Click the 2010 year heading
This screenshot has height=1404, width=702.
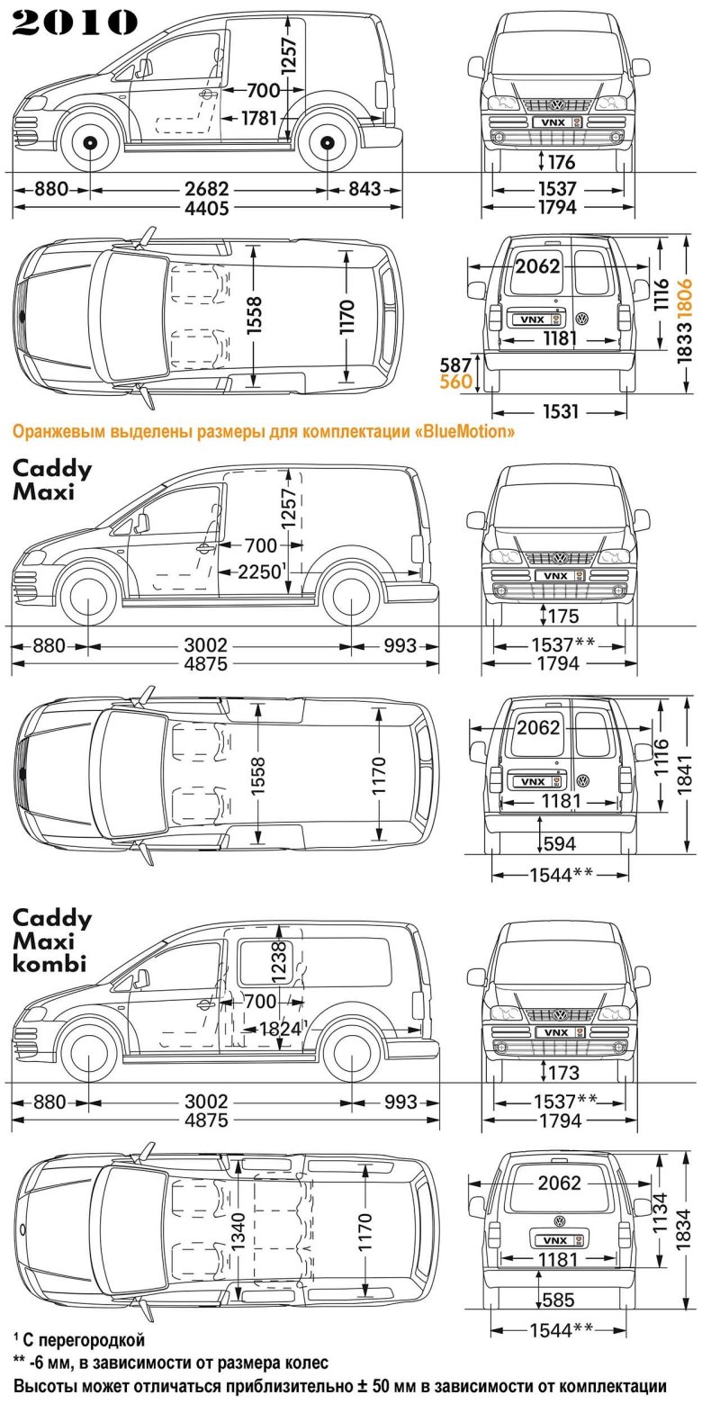pyautogui.click(x=75, y=22)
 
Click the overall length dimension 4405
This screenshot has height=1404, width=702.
pyautogui.click(x=207, y=209)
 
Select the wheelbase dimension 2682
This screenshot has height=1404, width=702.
pyautogui.click(x=207, y=190)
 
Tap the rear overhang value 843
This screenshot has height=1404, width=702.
pyautogui.click(x=364, y=190)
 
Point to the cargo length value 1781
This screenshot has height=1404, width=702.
pyautogui.click(x=259, y=118)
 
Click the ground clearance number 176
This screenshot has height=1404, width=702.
pyautogui.click(x=561, y=163)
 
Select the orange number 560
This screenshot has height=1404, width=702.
pyautogui.click(x=455, y=382)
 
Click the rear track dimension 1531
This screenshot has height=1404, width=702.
pyautogui.click(x=561, y=412)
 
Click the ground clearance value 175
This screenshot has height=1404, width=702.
pyautogui.click(x=561, y=616)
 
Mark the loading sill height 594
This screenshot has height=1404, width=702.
pyautogui.click(x=560, y=844)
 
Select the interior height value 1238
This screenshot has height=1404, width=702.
pyautogui.click(x=278, y=964)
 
